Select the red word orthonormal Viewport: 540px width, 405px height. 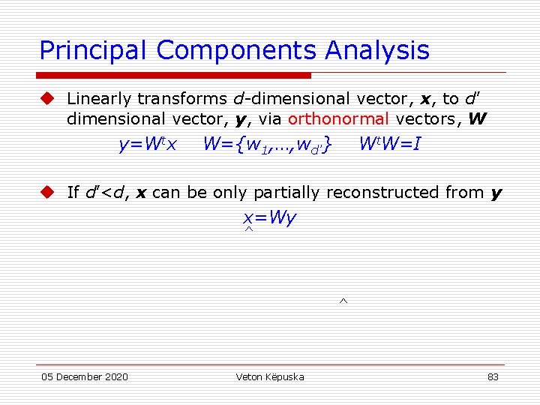(x=338, y=118)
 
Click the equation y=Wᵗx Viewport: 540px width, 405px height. (x=147, y=143)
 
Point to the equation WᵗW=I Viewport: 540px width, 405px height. (x=389, y=142)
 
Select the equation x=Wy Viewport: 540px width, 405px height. (x=269, y=218)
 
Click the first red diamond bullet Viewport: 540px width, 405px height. (x=48, y=98)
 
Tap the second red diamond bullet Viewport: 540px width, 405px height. (x=48, y=192)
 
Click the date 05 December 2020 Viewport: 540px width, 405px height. (x=84, y=376)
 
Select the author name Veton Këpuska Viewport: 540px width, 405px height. (x=269, y=376)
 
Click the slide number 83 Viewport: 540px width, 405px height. (x=493, y=376)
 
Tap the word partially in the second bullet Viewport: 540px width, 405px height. (x=283, y=193)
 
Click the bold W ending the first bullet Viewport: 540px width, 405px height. (x=477, y=118)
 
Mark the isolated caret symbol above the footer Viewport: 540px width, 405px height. (x=342, y=301)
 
